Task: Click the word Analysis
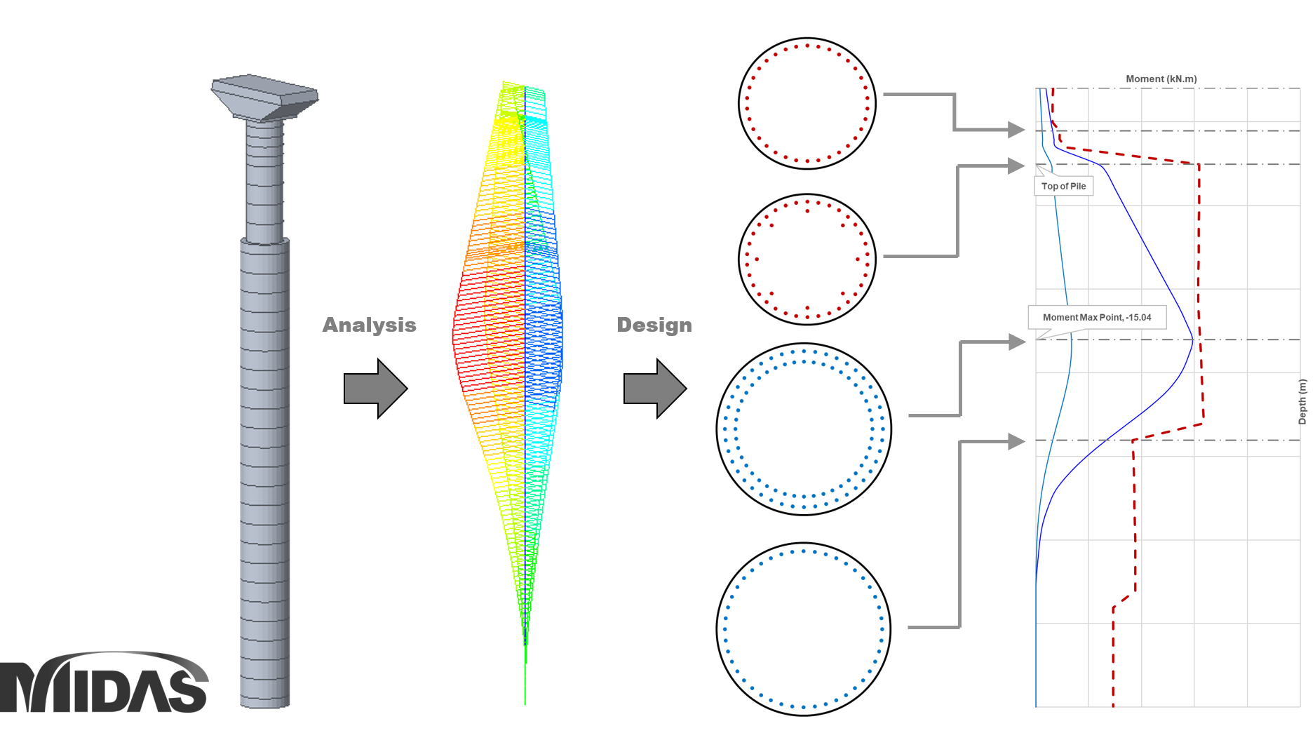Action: (369, 325)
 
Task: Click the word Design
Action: (654, 325)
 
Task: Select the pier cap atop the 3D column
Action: (265, 97)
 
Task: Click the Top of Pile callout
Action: (1063, 186)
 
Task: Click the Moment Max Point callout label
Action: (1097, 317)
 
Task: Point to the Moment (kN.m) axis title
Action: (1161, 79)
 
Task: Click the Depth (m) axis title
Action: (1302, 401)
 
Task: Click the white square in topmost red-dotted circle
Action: (804, 96)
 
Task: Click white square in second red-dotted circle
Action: (806, 253)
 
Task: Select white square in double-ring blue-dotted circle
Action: (811, 422)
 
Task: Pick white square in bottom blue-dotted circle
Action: (804, 626)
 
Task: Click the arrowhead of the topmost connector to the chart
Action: (1016, 130)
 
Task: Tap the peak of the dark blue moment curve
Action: (1192, 342)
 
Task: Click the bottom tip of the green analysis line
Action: (525, 703)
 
